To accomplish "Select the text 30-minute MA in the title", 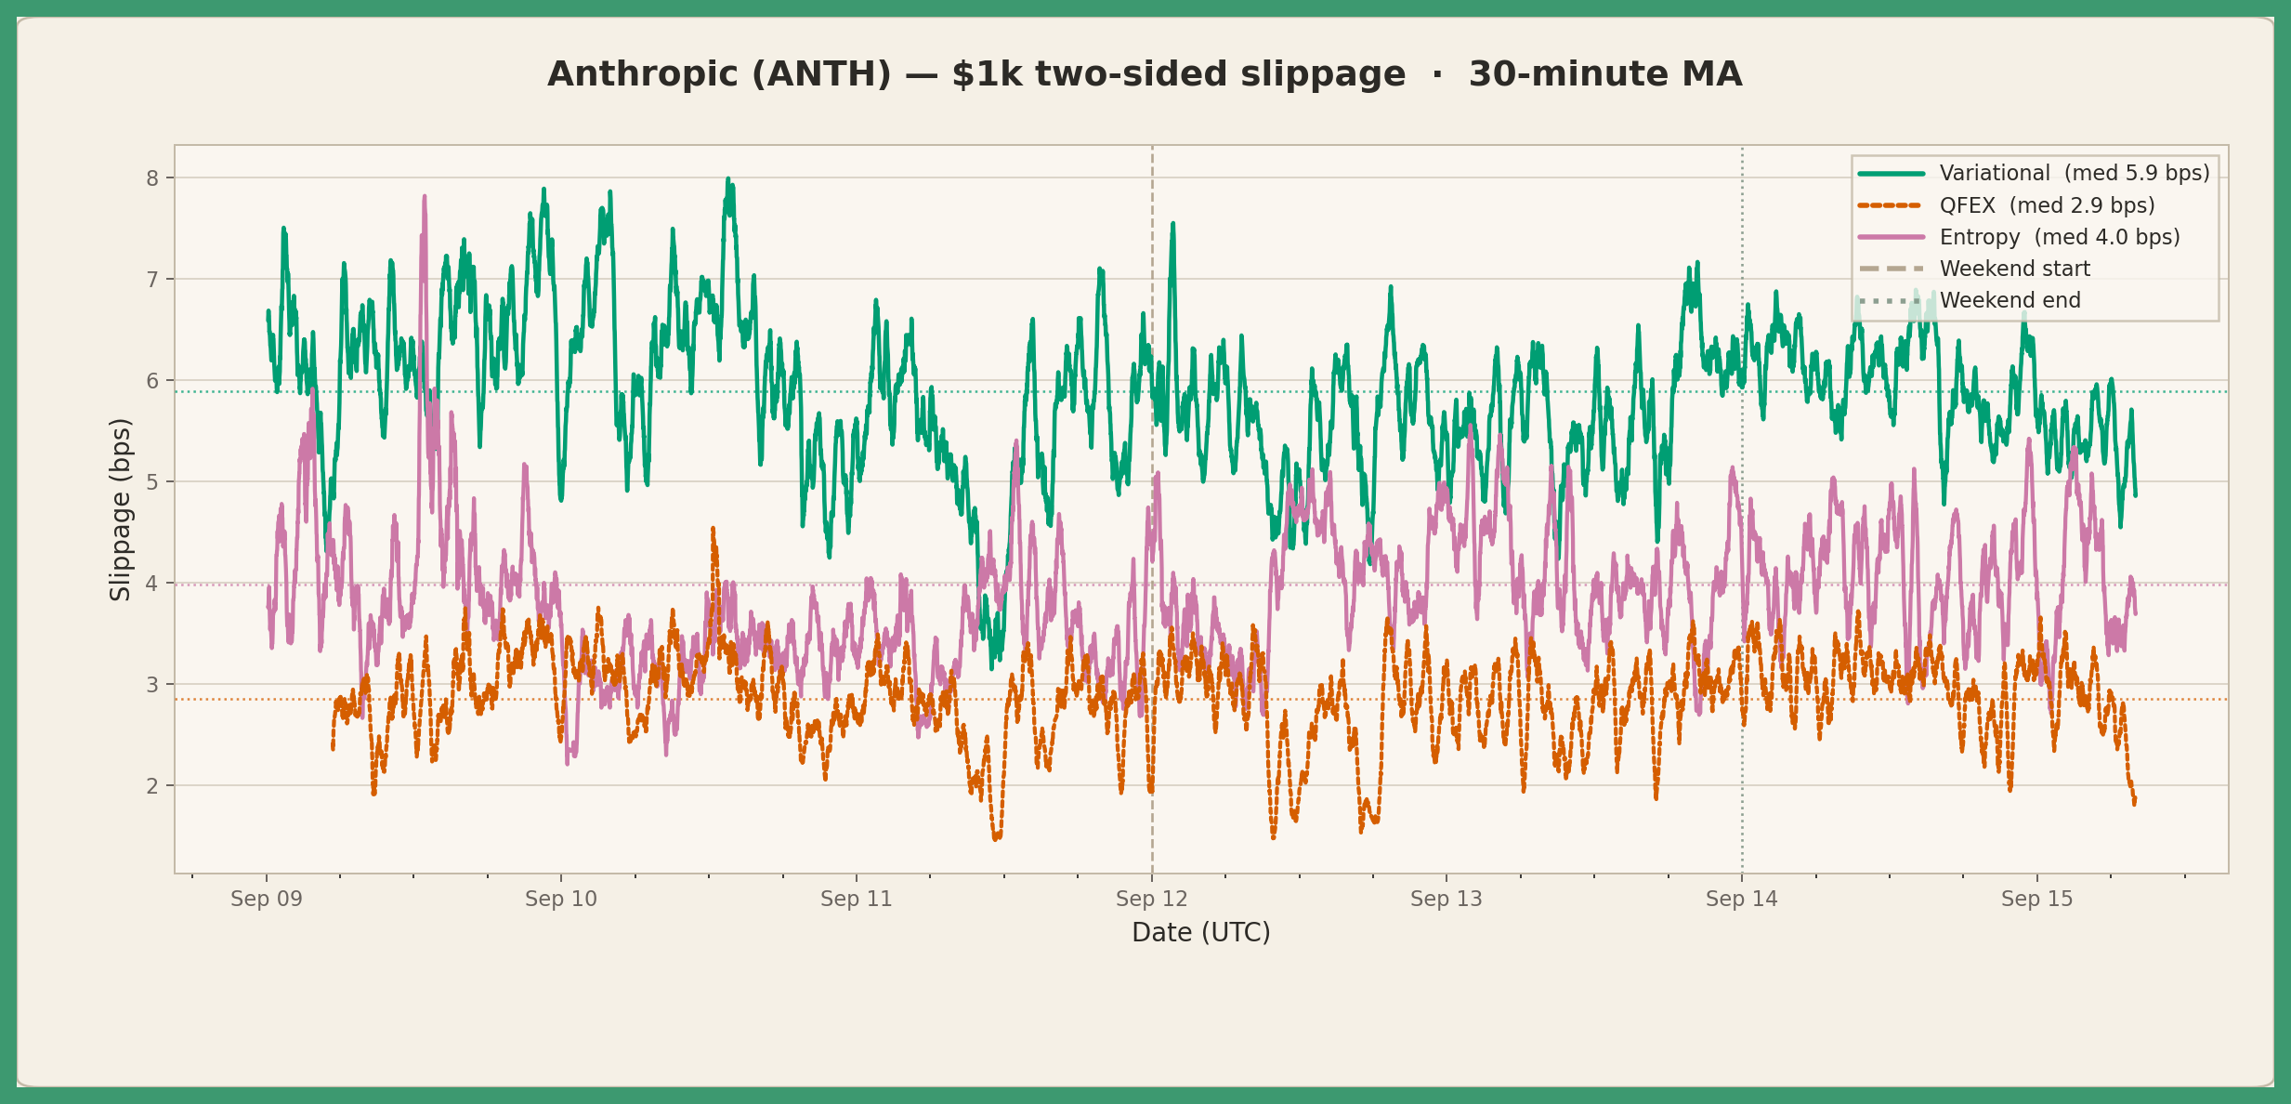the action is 1604,74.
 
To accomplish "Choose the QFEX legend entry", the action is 2007,205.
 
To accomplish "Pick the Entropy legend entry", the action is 2019,237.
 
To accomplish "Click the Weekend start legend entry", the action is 1974,269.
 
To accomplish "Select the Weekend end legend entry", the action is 1970,300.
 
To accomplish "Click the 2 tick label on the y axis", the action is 152,786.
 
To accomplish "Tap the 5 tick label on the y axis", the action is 152,482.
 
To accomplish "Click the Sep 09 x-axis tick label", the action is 267,899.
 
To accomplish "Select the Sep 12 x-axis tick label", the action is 1152,899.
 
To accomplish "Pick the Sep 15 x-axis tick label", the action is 2037,899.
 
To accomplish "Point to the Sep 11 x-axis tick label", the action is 857,899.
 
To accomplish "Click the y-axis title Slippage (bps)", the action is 121,509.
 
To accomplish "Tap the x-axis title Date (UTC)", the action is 1201,932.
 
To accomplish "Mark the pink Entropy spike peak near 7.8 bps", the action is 425,197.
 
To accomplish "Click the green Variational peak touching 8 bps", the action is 728,179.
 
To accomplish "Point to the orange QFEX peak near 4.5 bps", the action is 713,529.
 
